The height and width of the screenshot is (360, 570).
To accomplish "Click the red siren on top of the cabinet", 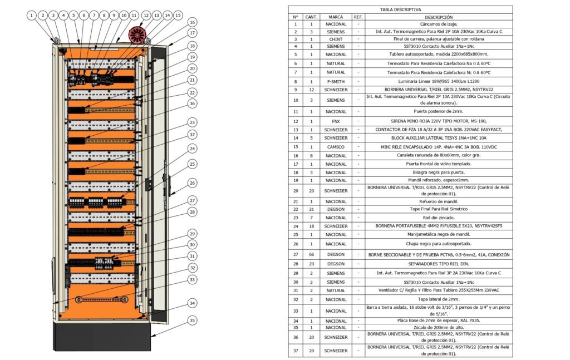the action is pos(137,35).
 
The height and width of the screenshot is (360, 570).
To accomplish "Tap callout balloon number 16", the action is pos(192,22).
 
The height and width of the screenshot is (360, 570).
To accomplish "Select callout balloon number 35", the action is pos(192,320).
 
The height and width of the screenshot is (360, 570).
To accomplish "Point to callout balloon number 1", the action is pos(32,15).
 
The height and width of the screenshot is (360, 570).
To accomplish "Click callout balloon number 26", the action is pos(192,183).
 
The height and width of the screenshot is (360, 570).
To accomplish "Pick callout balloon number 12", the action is pos(146,15).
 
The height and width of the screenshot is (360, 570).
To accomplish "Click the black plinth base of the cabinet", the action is pos(102,337).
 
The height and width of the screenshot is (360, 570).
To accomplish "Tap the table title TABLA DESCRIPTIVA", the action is pos(400,9).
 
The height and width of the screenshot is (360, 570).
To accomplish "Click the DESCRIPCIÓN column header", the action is pos(439,17).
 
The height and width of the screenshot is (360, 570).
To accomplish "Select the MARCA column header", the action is pos(336,17).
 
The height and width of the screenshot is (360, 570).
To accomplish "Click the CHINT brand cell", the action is pos(336,39).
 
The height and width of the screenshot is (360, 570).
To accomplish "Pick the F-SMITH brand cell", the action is pos(336,82).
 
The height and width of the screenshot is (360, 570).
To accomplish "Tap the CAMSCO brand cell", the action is pos(336,147).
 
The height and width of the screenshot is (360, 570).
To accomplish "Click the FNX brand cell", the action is pos(336,121).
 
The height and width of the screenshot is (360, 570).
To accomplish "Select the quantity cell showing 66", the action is pos(311,255).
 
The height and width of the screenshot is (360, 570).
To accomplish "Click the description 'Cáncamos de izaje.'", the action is pos(439,24).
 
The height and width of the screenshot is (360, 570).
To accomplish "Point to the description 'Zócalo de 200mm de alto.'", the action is pos(439,327).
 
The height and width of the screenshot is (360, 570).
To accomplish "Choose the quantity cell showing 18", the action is pos(311,226).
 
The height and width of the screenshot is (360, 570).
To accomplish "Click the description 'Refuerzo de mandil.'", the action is pos(439,201).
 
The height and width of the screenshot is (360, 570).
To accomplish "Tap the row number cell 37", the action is pos(296,351).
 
